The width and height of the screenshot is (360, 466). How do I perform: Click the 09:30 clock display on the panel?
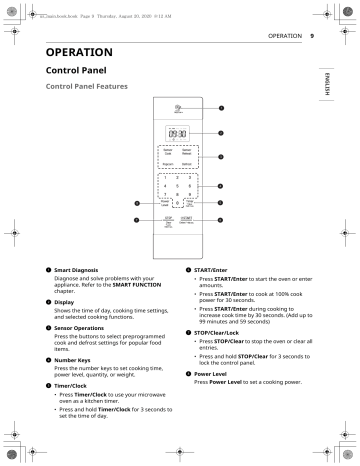(x=178, y=131)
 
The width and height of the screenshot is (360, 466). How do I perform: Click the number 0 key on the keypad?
(x=177, y=202)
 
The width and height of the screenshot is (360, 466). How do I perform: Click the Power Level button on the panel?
(x=165, y=202)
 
